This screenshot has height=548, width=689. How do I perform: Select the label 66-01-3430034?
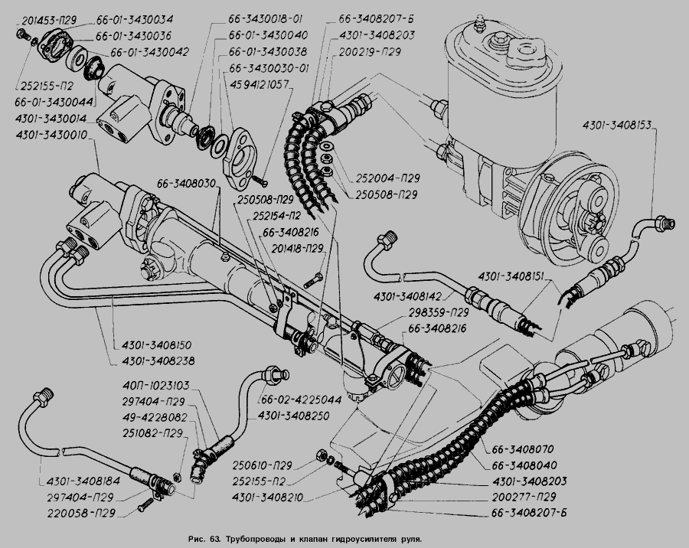pos(135,19)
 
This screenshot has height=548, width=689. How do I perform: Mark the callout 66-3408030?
pos(188,183)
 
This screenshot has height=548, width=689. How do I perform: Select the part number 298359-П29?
pos(439,313)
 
